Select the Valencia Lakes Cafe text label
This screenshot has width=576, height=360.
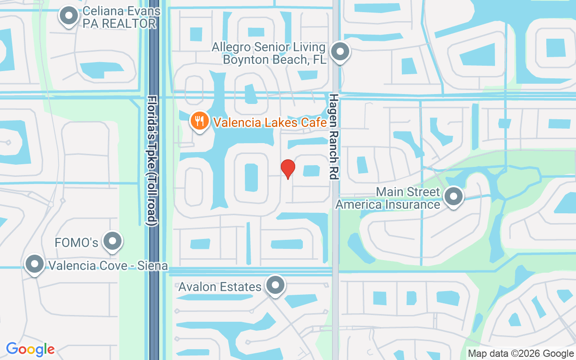click(x=270, y=122)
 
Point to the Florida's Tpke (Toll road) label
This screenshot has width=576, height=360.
click(x=153, y=160)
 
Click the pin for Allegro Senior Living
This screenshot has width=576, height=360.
click(x=341, y=52)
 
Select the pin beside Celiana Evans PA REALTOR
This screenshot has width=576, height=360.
click(x=69, y=16)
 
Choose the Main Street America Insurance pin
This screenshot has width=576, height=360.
click(x=453, y=196)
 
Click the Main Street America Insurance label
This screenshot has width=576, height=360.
click(x=388, y=198)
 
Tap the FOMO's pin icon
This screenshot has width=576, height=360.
click(x=112, y=242)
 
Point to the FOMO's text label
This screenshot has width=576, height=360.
click(x=76, y=243)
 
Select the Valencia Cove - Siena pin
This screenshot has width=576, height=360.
click(x=35, y=264)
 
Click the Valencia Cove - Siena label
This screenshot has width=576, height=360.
click(x=108, y=265)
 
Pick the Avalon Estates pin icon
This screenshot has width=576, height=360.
click(x=275, y=285)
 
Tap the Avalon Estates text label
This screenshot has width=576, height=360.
click(x=220, y=287)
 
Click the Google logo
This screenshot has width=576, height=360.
click(x=31, y=349)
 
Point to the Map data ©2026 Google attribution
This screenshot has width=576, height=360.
click(x=521, y=354)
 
